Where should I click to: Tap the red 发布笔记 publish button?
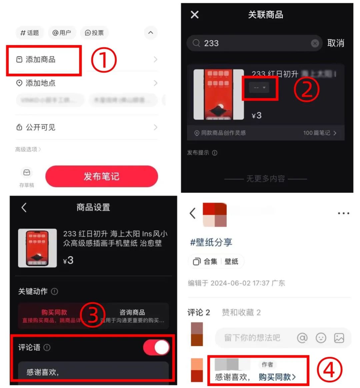[x=101, y=176]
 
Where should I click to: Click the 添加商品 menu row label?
[x=40, y=60]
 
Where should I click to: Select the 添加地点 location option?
[x=40, y=83]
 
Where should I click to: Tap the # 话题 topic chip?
[x=30, y=33]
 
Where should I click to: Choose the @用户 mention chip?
[x=62, y=33]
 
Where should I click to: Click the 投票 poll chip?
[x=94, y=33]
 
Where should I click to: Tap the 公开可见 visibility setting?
[x=40, y=127]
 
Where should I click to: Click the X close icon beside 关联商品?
[x=195, y=15]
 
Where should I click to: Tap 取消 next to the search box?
[x=335, y=43]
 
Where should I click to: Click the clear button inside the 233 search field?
[x=315, y=43]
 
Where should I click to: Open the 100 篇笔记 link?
[x=319, y=133]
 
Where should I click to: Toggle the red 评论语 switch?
[x=156, y=347]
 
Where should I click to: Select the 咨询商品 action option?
[x=132, y=315]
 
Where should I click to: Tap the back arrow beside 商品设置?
[x=24, y=207]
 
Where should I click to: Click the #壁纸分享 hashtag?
[x=211, y=242]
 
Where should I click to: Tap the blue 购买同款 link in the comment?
[x=277, y=377]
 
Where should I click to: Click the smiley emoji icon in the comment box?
[x=321, y=338]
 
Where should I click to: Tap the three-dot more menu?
[x=343, y=213]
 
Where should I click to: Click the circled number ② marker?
[x=306, y=89]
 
